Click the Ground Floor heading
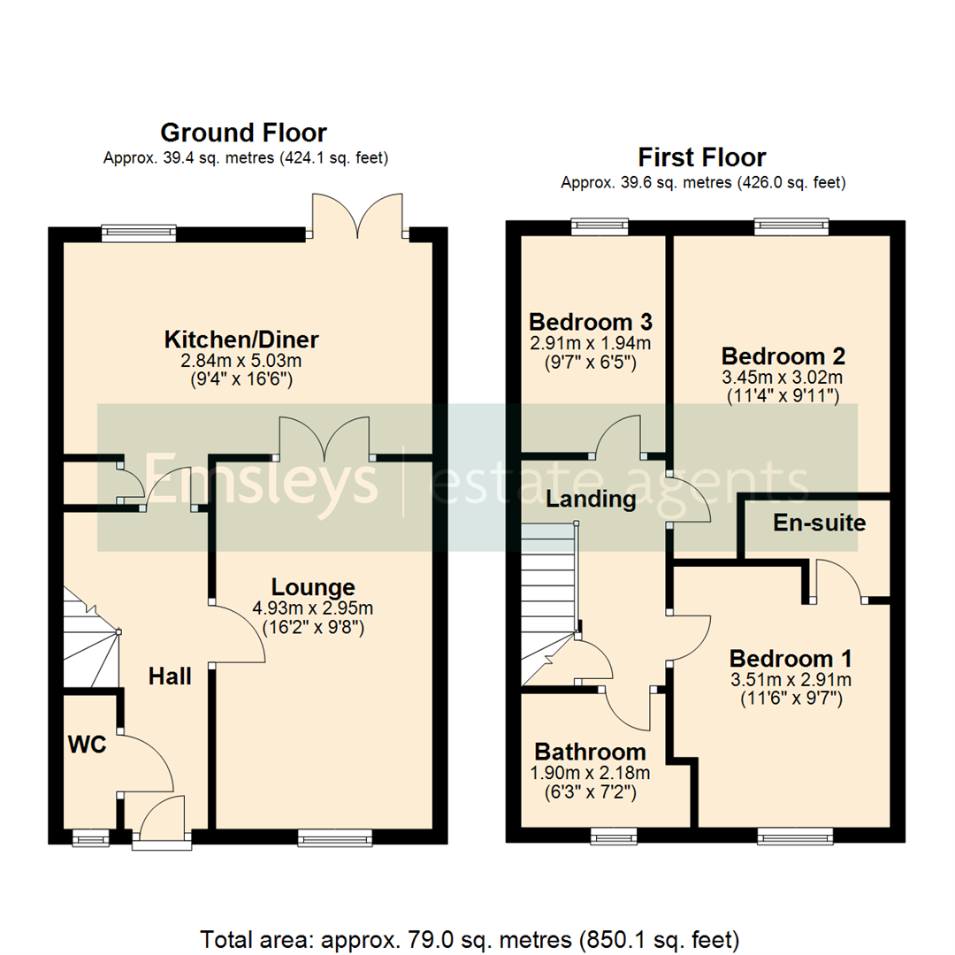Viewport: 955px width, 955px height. [243, 134]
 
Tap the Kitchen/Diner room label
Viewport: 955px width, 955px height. [241, 340]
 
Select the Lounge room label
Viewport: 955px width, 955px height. [313, 587]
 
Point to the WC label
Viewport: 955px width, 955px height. [88, 745]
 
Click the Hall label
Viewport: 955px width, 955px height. [170, 677]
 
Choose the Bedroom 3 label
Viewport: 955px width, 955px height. [591, 320]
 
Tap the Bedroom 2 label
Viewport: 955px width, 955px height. [783, 356]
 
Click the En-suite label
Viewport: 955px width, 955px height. [819, 523]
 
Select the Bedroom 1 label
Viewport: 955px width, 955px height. [791, 659]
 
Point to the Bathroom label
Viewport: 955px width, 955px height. [590, 753]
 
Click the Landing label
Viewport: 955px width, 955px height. [591, 500]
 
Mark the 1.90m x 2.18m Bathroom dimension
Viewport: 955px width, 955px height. [591, 773]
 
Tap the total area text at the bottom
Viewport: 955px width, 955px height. [477, 937]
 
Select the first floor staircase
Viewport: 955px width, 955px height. [548, 601]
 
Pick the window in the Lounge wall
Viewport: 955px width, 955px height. [334, 837]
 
